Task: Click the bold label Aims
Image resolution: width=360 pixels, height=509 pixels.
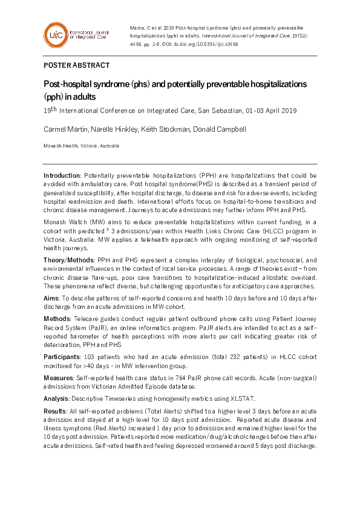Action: click(x=51, y=299)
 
